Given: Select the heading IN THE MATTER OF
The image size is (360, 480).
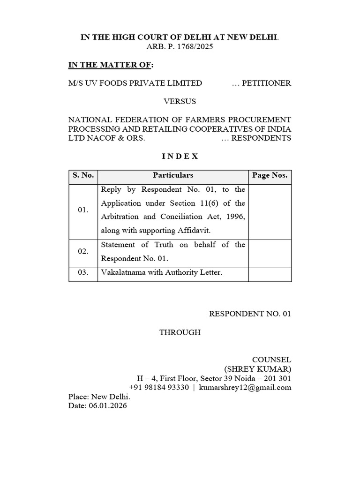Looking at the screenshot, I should [x=110, y=65].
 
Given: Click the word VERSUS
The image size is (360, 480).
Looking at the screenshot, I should [x=180, y=101].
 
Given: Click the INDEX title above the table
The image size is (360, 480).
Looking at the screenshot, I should [x=180, y=157].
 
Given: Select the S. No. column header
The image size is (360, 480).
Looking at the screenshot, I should [x=83, y=175].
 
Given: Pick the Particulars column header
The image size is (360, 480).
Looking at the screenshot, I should [x=172, y=175].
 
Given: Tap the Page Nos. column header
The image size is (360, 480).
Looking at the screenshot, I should [x=270, y=175].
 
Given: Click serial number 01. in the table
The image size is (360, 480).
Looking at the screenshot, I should [x=83, y=210].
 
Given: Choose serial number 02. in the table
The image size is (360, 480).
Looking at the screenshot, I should [x=83, y=251].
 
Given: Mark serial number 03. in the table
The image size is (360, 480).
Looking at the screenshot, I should [x=83, y=272].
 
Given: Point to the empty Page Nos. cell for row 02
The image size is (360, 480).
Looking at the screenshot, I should [x=270, y=251].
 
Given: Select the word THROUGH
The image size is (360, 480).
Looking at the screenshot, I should [x=180, y=332].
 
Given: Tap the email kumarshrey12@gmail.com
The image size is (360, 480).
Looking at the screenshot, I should [x=245, y=387].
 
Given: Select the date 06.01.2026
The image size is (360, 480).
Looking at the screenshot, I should [x=107, y=405].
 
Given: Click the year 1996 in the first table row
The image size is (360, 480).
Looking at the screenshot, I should [x=236, y=217].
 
